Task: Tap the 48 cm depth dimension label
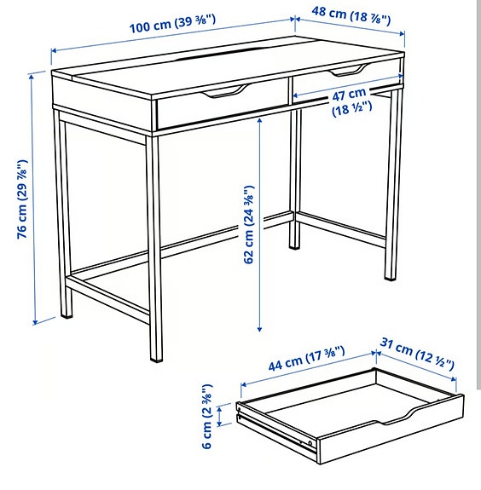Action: (350, 14)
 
